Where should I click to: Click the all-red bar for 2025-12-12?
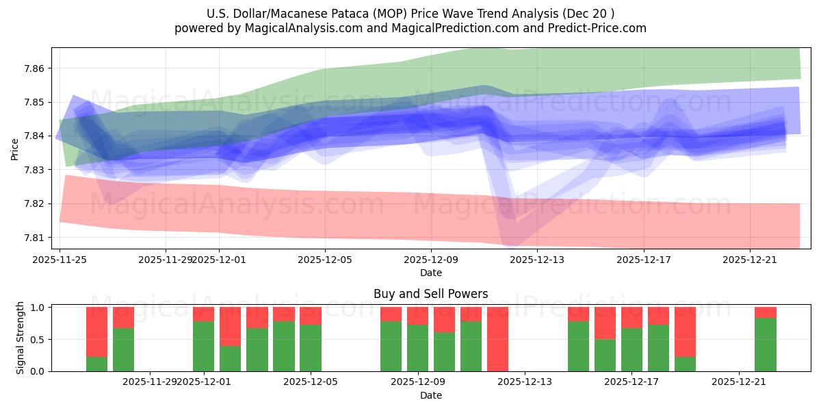[x=497, y=339]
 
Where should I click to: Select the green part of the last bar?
[x=765, y=345]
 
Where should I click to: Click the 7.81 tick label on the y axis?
[x=34, y=238]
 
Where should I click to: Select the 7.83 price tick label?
[x=34, y=170]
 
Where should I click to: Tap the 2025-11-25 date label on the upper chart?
[x=60, y=260]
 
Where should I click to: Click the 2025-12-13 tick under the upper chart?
[x=537, y=260]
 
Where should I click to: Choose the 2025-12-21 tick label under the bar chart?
[x=739, y=382]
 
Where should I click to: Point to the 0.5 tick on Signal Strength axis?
[x=38, y=340]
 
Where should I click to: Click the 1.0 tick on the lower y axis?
[x=38, y=308]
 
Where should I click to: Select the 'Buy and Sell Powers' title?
[x=430, y=294]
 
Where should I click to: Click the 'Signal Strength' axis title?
[x=21, y=338]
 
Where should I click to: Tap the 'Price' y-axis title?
[x=15, y=148]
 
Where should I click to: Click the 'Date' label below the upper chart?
[x=430, y=273]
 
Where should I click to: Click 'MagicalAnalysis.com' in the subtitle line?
[x=298, y=28]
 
